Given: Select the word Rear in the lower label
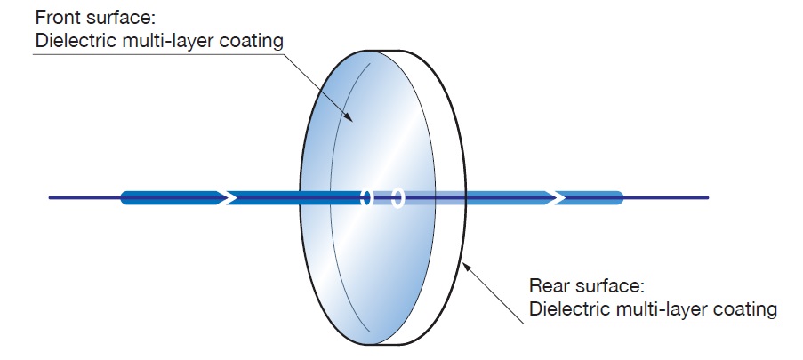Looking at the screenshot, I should click(547, 286).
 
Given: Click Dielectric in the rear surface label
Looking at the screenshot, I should click(566, 308).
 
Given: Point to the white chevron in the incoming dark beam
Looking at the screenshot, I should click(228, 197).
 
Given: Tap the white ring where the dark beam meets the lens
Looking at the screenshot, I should click(365, 197).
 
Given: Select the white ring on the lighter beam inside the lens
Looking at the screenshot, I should click(397, 197).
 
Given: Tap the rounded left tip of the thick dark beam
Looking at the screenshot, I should click(124, 197).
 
